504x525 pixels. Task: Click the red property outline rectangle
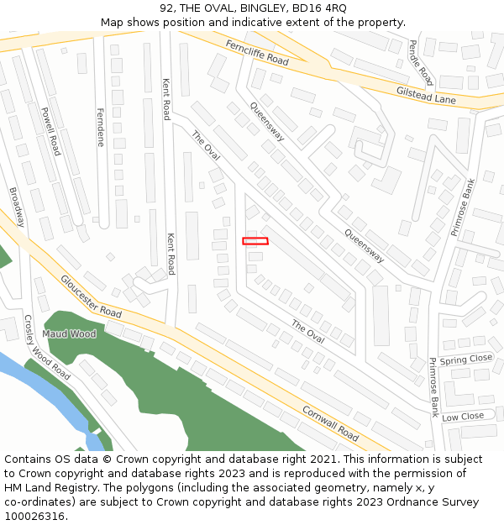[x=255, y=241]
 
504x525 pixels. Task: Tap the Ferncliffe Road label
[x=256, y=52]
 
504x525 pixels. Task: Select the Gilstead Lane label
[x=426, y=94]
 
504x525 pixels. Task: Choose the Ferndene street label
[x=101, y=127]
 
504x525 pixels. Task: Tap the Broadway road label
[x=17, y=207]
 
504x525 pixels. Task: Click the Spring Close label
[x=466, y=359]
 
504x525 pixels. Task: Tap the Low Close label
[x=463, y=417]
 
